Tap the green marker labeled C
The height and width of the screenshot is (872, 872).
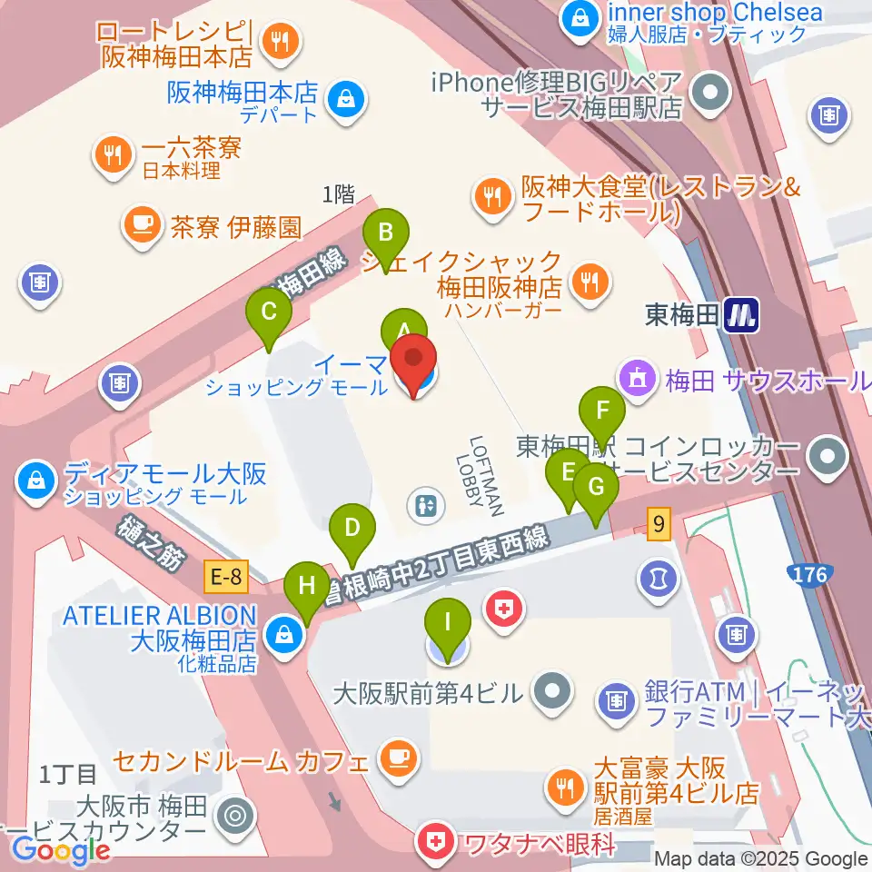click(269, 312)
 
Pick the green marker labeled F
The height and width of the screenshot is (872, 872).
click(603, 411)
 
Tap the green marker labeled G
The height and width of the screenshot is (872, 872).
click(596, 488)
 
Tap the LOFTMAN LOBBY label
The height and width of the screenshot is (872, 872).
click(487, 475)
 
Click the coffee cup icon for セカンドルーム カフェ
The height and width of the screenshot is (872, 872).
click(398, 756)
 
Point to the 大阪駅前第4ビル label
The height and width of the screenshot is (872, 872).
click(429, 696)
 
